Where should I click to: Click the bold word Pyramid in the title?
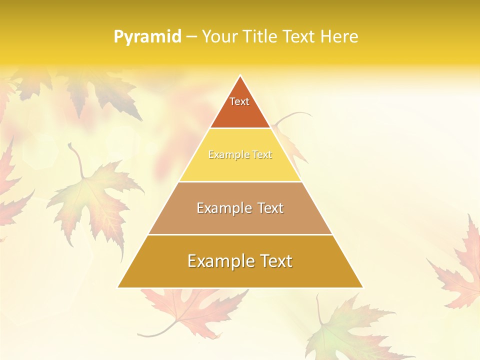147,37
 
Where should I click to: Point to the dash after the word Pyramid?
191,37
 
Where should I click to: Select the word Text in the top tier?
239,101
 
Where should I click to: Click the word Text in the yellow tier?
262,155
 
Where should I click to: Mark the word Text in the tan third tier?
270,208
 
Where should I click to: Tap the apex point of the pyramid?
240,76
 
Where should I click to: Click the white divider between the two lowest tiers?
240,234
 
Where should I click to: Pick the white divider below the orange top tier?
240,128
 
